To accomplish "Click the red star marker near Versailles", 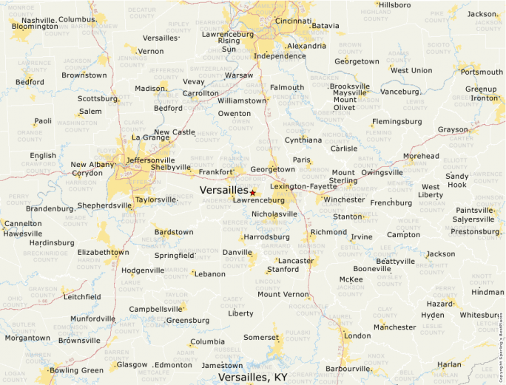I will (x=252, y=192).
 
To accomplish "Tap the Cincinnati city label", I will (x=293, y=21).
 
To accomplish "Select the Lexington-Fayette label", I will (x=303, y=186).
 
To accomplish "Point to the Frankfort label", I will (x=216, y=171).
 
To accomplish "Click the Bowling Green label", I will (x=76, y=370).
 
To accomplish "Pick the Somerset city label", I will (x=261, y=337).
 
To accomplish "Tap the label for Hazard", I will (x=439, y=304).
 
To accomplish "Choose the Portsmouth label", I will (x=481, y=72).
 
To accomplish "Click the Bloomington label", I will (x=34, y=27).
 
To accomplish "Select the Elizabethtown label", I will (x=103, y=252).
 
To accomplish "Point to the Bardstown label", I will (x=174, y=232).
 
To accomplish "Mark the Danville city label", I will (x=237, y=252).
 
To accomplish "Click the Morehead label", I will (x=421, y=156).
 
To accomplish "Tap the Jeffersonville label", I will (x=151, y=160).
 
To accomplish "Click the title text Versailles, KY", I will (x=252, y=377).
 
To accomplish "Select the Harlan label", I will (x=448, y=364).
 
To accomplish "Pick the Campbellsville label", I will (x=155, y=309).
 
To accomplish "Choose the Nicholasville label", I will (x=274, y=214).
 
